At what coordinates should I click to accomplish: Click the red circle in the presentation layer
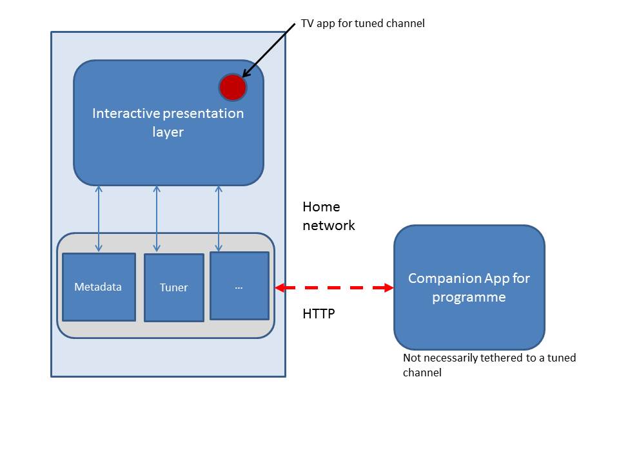233,87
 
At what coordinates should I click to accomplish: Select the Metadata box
99,287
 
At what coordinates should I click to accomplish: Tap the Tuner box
173,287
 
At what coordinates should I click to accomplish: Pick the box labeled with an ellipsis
239,285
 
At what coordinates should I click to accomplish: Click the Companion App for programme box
469,287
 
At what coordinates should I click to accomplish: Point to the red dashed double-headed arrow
334,288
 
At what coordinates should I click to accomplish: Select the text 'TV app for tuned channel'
363,23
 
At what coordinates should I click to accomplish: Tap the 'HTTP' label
319,314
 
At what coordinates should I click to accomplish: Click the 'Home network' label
328,216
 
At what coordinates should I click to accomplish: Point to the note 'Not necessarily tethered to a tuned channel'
489,365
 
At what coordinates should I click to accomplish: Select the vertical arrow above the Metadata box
99,219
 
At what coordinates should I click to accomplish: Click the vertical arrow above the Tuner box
157,219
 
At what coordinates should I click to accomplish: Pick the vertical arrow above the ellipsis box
219,219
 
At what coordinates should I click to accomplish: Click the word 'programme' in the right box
469,297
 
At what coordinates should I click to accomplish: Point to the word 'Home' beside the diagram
321,207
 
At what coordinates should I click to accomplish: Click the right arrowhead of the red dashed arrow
389,288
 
